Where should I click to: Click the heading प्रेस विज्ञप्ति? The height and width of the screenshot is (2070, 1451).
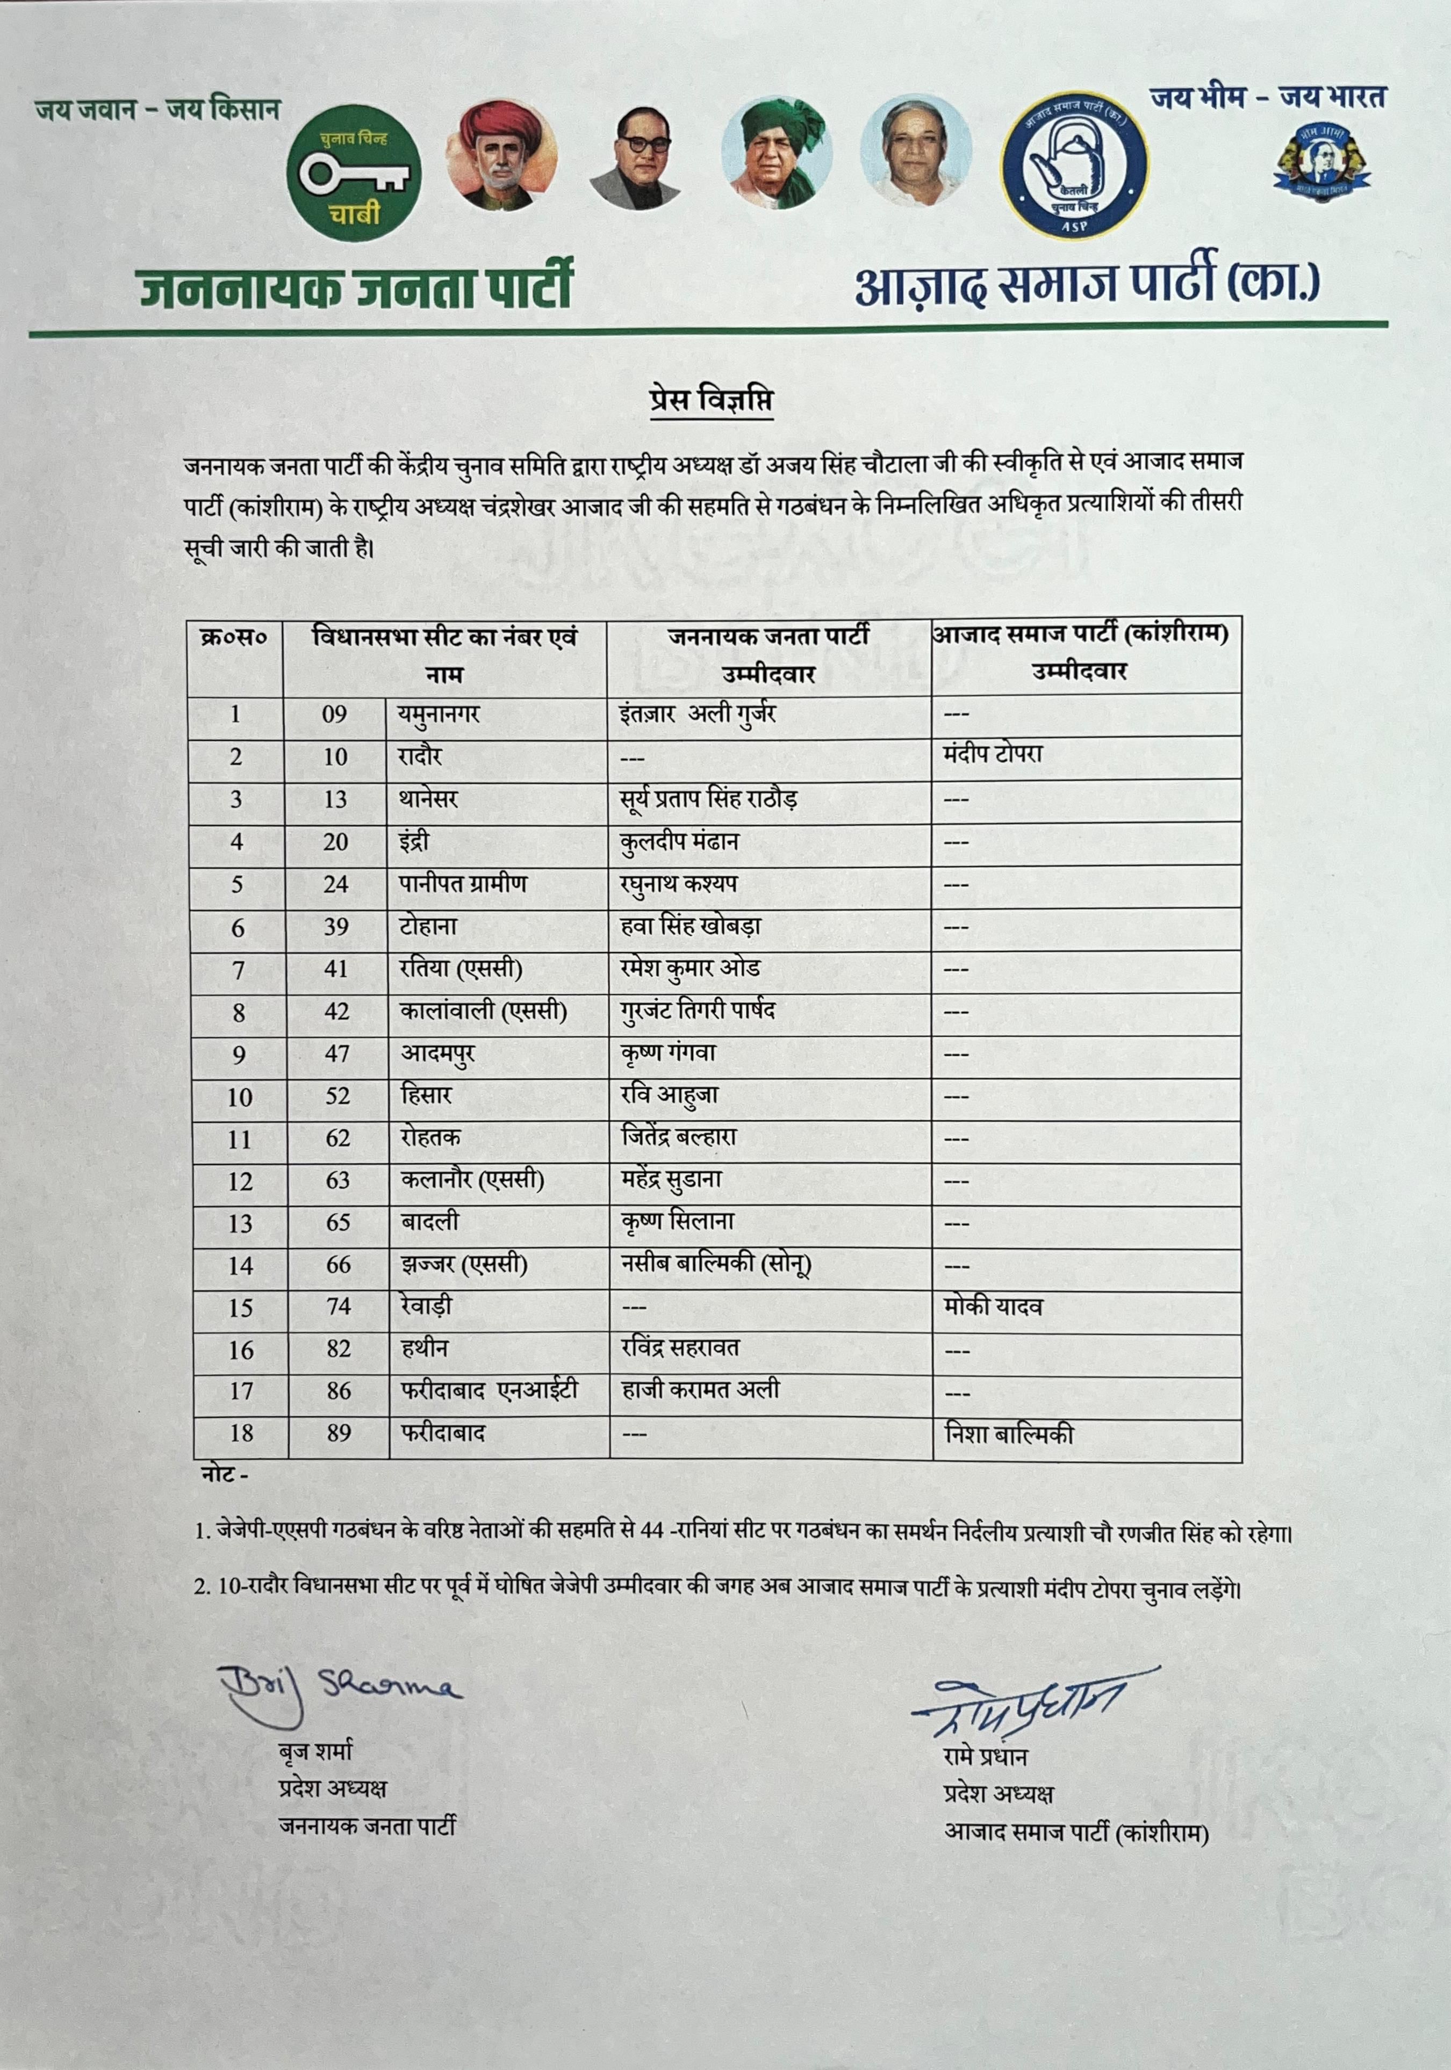click(x=710, y=399)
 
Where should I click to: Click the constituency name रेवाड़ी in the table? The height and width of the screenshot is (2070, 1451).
click(x=427, y=1306)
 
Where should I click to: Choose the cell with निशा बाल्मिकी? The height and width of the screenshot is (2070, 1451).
click(x=1009, y=1433)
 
